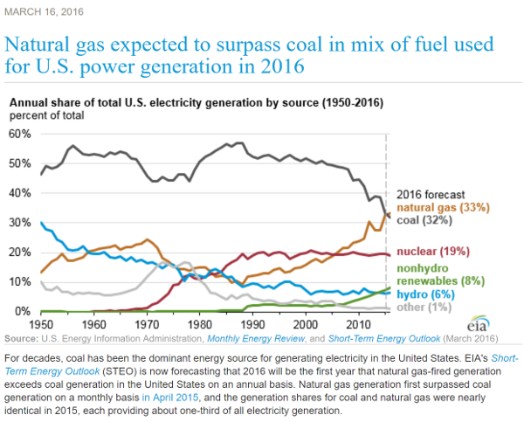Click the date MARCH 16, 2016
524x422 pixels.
[x=44, y=10]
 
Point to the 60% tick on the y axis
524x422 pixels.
[x=19, y=134]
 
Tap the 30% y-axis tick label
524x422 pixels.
[x=19, y=223]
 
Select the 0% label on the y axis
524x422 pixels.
[x=22, y=312]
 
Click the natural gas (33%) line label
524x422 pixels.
[x=443, y=208]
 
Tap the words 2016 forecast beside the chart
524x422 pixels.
[x=431, y=194]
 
